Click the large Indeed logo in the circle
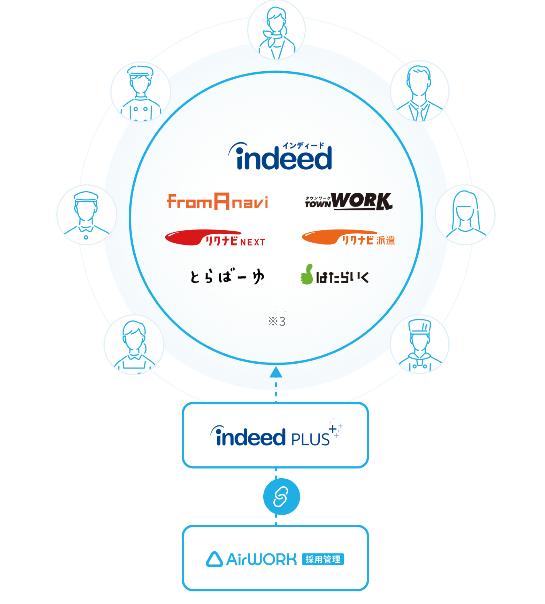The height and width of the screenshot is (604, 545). pos(280,156)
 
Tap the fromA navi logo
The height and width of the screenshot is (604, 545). pos(217,202)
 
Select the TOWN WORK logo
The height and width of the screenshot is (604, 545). pos(348,201)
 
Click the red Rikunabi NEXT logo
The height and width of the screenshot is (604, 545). pos(215,238)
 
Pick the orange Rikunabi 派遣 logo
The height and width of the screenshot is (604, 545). pos(348,238)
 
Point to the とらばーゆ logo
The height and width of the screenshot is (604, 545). pos(227,276)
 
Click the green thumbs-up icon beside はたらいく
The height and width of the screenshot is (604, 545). pos(307,275)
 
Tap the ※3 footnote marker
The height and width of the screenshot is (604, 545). pos(277,321)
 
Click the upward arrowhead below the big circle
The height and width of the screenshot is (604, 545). pos(276,372)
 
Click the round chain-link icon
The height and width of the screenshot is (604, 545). pos(281,497)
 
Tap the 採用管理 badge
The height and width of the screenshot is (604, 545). pos(323,559)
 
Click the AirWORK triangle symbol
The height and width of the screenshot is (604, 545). pos(214,559)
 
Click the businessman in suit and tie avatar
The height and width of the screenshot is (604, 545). pos(420,91)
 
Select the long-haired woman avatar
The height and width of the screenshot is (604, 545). pos(465,215)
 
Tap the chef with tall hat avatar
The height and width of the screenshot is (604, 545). pos(420,344)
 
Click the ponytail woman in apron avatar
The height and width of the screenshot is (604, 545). pos(134,344)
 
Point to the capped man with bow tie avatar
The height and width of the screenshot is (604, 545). pos(87,215)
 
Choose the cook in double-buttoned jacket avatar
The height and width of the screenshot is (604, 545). pos(141,92)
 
